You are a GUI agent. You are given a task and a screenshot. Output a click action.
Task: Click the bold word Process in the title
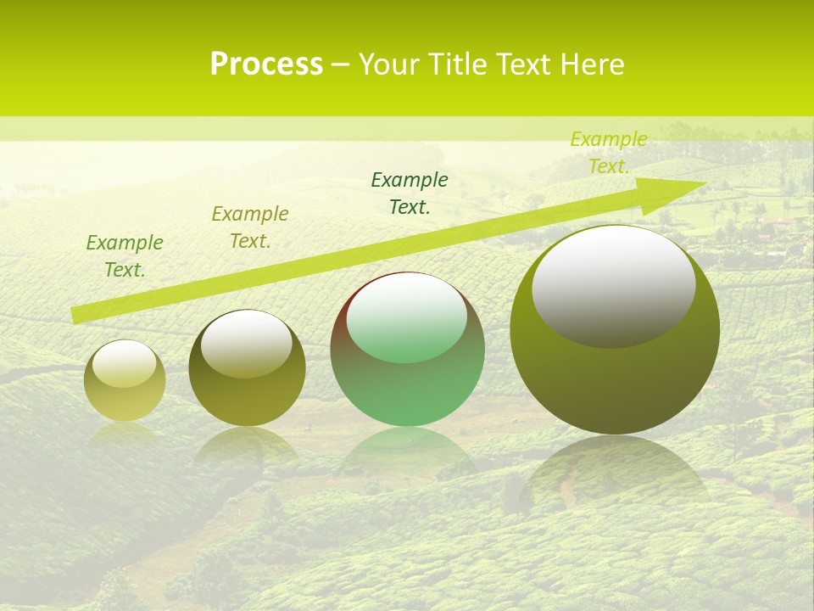266,64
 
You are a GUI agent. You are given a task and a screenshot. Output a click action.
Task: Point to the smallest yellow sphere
125,381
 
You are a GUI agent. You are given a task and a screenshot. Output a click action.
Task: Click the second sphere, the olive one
246,368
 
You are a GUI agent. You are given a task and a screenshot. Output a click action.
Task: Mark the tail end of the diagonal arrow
76,315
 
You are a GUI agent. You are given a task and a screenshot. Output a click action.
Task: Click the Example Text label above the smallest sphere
125,256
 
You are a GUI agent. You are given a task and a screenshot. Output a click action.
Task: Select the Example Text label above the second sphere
250,227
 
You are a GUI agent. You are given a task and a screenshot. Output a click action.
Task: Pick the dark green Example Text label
410,193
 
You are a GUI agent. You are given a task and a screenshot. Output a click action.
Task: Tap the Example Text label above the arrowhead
609,153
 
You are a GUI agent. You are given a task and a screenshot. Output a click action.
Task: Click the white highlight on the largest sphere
613,284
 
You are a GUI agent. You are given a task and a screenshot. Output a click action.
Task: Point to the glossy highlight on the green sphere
407,317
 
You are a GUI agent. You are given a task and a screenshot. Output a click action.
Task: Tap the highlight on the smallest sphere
125,363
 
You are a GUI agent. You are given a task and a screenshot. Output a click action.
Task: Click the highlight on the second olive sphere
246,344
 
